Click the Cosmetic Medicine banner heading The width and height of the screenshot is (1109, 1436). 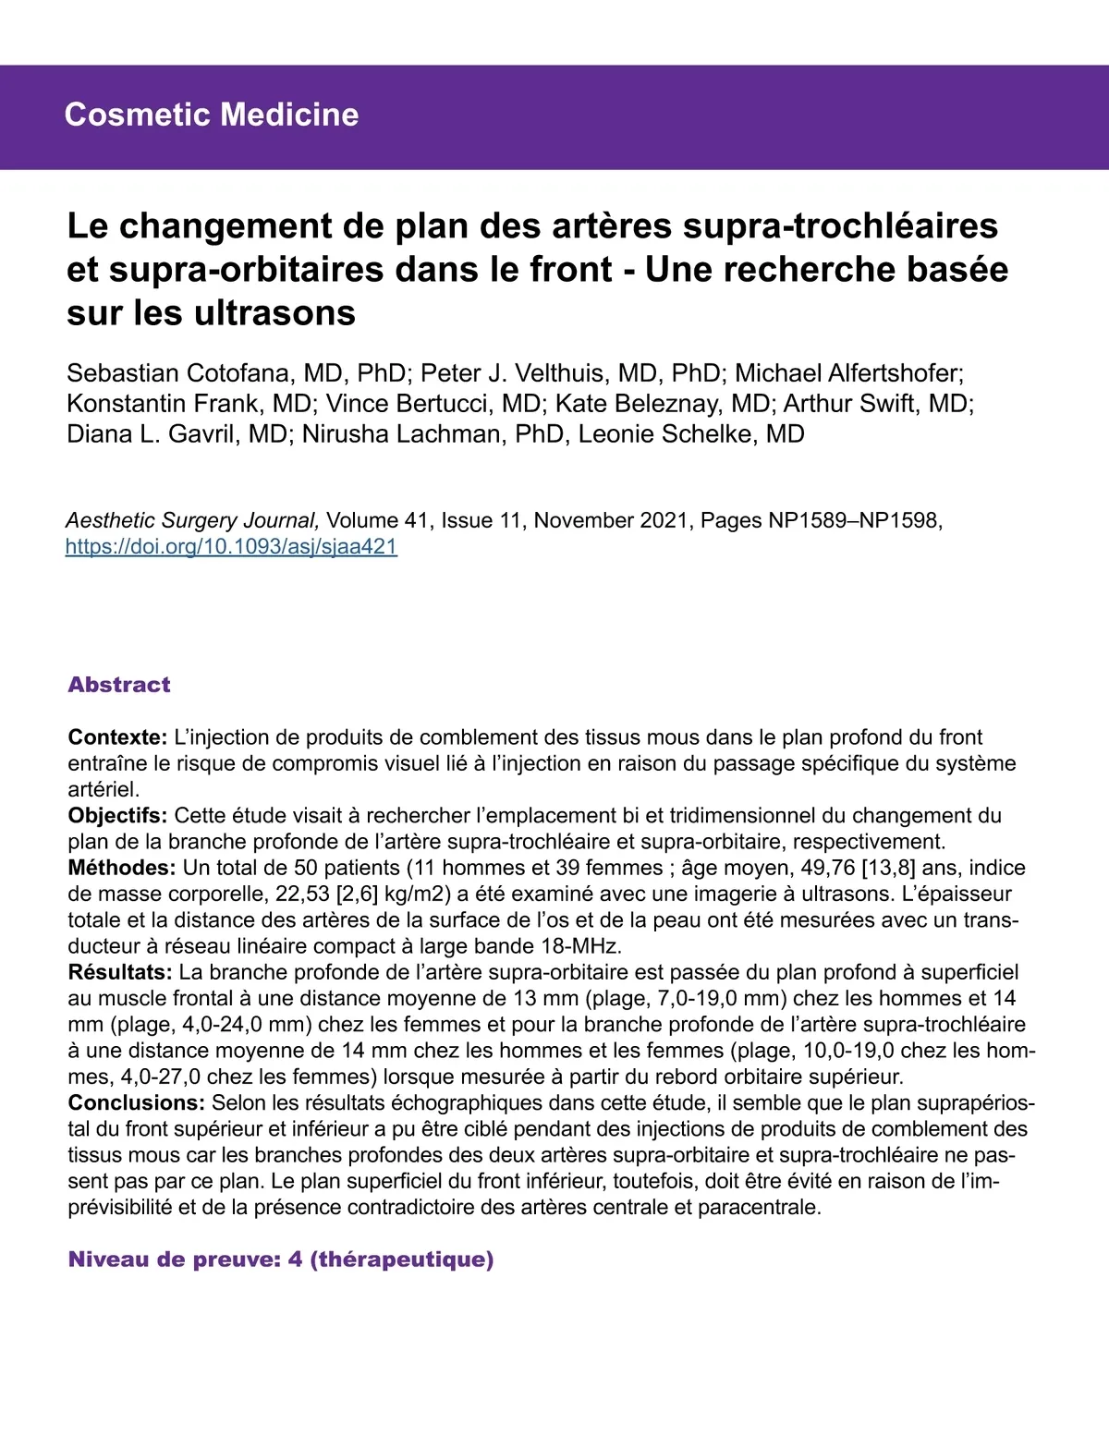click(212, 115)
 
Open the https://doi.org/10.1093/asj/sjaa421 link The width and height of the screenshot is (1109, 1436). click(231, 546)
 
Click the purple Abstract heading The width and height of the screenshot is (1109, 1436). click(119, 685)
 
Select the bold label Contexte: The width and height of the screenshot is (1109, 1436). click(117, 737)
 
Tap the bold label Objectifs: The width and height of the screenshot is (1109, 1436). click(117, 816)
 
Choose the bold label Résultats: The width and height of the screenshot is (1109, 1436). click(120, 972)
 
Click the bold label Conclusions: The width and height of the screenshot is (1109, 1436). click(136, 1102)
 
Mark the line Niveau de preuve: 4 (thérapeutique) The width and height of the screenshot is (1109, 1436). click(281, 1260)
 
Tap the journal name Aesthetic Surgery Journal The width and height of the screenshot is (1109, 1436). click(192, 520)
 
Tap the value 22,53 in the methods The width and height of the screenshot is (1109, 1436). click(302, 894)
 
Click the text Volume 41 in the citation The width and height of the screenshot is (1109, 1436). click(378, 520)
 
